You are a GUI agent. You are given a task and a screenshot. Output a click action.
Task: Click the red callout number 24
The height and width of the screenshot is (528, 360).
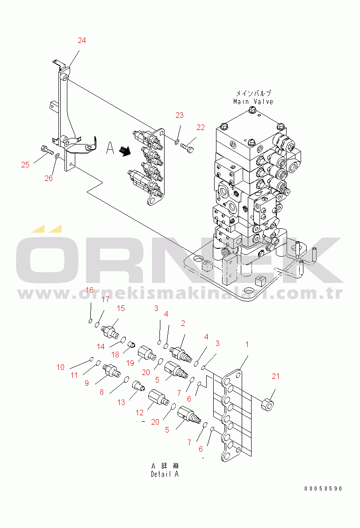82,40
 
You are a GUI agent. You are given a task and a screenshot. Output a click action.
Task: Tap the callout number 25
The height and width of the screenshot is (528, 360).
25,165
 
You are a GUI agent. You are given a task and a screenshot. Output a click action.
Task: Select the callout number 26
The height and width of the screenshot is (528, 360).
49,178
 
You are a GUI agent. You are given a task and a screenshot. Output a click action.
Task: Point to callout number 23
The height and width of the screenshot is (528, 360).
180,115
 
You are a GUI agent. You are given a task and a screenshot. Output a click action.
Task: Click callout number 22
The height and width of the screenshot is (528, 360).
201,127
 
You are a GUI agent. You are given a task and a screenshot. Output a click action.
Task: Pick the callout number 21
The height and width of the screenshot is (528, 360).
275,376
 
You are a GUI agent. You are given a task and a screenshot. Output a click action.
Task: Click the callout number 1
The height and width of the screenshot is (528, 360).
247,344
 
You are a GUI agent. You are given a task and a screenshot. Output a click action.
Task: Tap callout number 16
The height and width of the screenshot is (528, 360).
89,290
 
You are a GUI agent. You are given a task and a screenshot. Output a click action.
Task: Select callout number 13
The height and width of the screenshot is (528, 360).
121,402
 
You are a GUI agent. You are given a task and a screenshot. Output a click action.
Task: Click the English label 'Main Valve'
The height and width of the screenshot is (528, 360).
253,101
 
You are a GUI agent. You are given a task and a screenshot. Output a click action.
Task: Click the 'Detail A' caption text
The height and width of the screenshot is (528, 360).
165,474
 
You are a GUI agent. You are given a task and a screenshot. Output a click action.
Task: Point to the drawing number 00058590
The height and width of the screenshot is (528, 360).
323,489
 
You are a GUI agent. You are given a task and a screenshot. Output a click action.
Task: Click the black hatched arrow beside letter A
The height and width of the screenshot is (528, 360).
125,150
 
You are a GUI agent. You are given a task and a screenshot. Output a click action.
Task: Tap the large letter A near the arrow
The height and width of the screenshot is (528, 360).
110,148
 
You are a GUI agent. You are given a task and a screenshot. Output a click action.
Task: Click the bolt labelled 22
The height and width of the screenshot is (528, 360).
187,147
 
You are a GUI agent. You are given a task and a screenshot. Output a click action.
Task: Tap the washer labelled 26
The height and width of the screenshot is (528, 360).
58,156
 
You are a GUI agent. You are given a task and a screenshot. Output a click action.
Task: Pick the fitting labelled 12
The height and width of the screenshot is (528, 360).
159,397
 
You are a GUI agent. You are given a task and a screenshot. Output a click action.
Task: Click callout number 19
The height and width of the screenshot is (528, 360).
130,362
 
